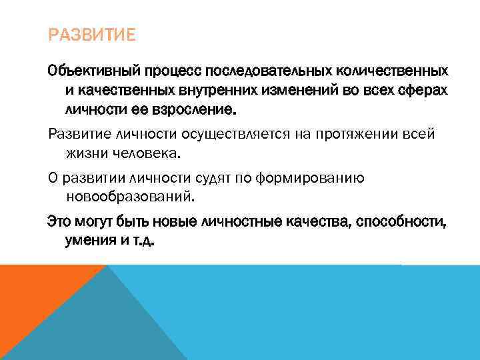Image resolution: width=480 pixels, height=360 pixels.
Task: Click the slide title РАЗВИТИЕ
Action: click(x=91, y=34)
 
